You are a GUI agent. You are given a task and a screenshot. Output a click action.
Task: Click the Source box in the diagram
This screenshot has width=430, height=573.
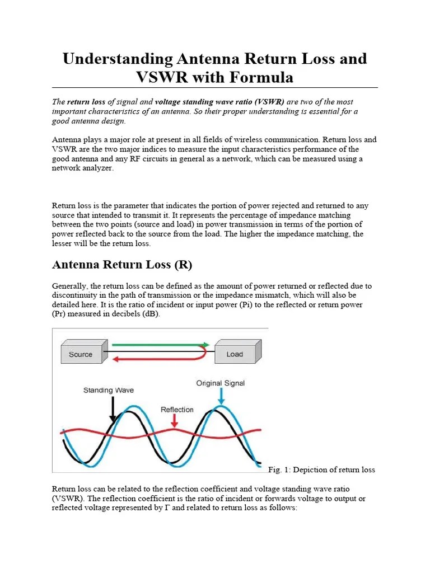[80, 354]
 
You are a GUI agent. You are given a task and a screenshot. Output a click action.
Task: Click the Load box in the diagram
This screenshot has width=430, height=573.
[234, 354]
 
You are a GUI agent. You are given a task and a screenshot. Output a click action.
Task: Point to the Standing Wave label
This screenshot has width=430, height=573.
[109, 390]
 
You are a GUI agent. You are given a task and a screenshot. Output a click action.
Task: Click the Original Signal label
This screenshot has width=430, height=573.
[220, 383]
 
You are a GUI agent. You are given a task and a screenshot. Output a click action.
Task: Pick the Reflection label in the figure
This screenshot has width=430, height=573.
[177, 410]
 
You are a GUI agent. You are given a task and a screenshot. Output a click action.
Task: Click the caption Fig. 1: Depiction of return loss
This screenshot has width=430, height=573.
[321, 469]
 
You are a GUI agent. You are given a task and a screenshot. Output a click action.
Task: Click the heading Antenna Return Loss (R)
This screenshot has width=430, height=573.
[121, 265]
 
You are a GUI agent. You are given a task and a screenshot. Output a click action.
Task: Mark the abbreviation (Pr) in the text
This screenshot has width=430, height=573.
[62, 314]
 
